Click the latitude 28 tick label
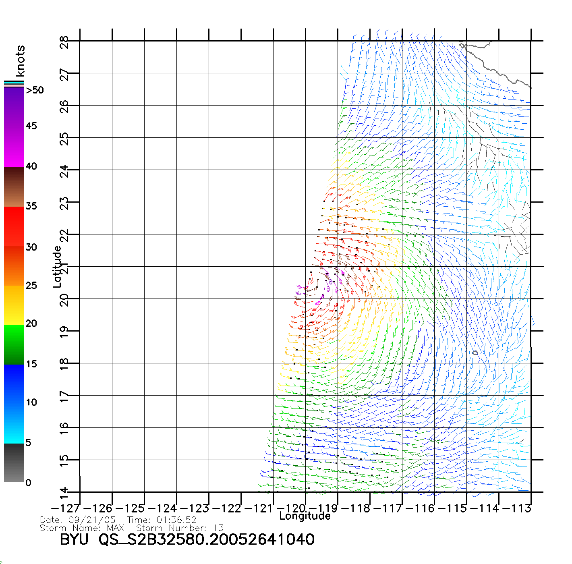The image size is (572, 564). tap(64, 42)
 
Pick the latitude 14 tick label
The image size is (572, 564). tap(64, 493)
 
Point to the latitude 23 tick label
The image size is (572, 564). tap(64, 203)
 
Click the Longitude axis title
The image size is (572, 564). tap(305, 516)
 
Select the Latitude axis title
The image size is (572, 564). tap(57, 266)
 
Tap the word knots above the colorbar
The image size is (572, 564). tap(20, 61)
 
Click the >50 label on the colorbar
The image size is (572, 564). tap(35, 90)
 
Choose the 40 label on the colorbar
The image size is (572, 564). tap(31, 166)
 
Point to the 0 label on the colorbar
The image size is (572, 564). tap(28, 483)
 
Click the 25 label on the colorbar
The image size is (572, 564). tap(31, 286)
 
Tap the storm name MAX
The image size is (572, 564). tap(115, 528)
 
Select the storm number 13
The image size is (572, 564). tap(218, 528)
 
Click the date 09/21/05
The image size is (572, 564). tap(92, 520)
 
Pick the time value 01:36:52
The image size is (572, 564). tap(176, 520)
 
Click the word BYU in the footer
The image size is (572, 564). tap(74, 539)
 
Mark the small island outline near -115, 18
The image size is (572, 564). tap(475, 353)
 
